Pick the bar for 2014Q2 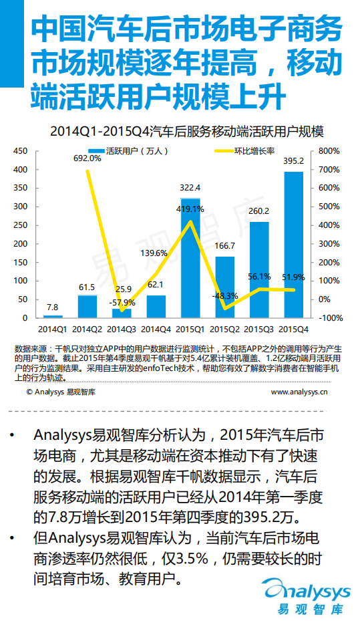[x=87, y=306]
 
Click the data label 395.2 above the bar [x=294, y=160]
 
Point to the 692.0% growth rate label [x=87, y=158]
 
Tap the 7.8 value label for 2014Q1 [x=52, y=307]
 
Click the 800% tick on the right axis [x=330, y=152]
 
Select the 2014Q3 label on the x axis [x=121, y=329]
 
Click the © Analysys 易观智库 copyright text [x=61, y=392]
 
